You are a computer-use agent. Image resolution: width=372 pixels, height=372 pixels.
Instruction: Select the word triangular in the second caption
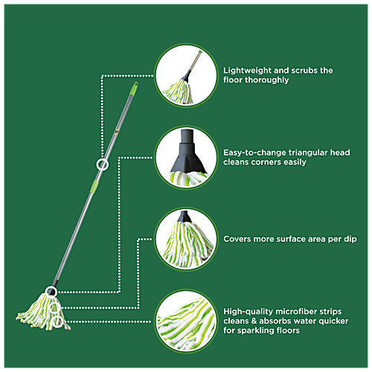pyautogui.click(x=308, y=153)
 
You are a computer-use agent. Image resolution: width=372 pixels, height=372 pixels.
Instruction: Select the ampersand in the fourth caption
pyautogui.click(x=254, y=321)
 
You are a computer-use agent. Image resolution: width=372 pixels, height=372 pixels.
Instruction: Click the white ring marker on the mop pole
pyautogui.click(x=102, y=159)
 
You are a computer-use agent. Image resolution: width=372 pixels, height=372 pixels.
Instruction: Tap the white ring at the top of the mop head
pyautogui.click(x=51, y=287)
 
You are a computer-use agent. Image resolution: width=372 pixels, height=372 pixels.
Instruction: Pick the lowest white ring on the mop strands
pyautogui.click(x=57, y=317)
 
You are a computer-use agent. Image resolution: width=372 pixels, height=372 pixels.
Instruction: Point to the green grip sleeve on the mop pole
pyautogui.click(x=94, y=186)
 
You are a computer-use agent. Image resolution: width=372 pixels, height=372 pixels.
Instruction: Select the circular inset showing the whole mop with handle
pyautogui.click(x=186, y=75)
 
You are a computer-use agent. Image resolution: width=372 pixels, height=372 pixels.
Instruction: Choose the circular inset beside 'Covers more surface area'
pyautogui.click(x=186, y=239)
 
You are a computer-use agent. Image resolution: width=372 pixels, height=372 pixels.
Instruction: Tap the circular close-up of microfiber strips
pyautogui.click(x=186, y=321)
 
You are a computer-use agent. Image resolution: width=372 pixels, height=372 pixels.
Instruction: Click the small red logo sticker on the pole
pyautogui.click(x=117, y=131)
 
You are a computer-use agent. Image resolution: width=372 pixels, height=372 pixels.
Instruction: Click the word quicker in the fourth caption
pyautogui.click(x=333, y=321)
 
